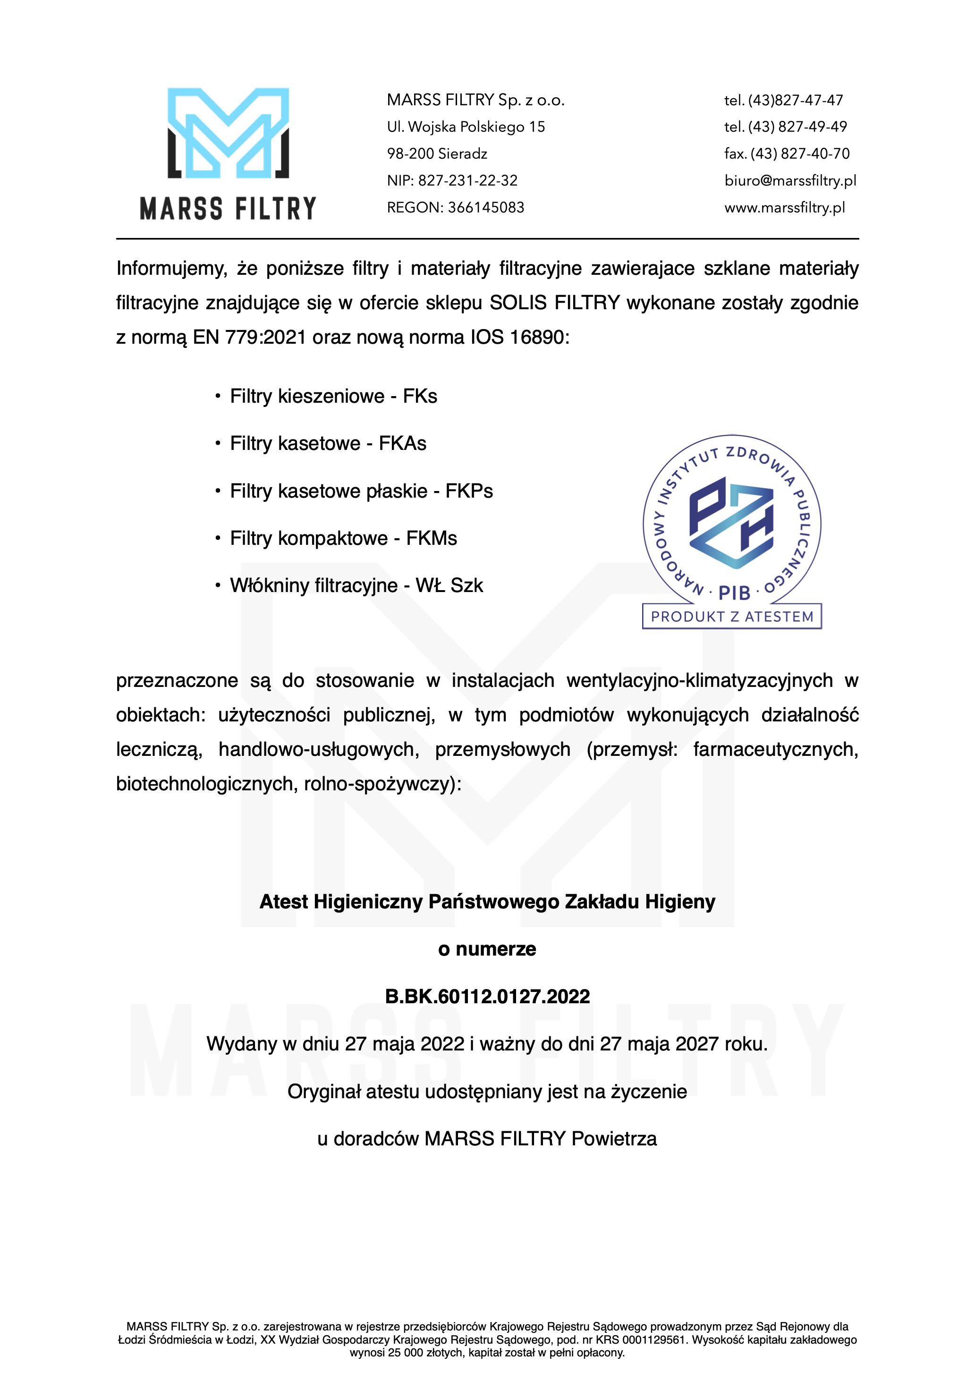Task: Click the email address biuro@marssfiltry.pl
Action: pyautogui.click(x=790, y=180)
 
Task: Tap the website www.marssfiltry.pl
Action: pyautogui.click(x=784, y=207)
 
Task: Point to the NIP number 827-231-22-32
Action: pyautogui.click(x=467, y=180)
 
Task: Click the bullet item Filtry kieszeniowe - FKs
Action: pyautogui.click(x=333, y=396)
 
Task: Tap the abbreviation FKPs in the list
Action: pyautogui.click(x=469, y=491)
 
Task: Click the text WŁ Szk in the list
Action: pyautogui.click(x=449, y=585)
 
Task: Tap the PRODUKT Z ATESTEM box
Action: pyautogui.click(x=731, y=616)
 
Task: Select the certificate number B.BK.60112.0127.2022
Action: pyautogui.click(x=487, y=997)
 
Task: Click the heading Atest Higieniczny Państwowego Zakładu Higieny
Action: pyautogui.click(x=487, y=902)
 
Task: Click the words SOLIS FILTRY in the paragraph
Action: pyautogui.click(x=554, y=303)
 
